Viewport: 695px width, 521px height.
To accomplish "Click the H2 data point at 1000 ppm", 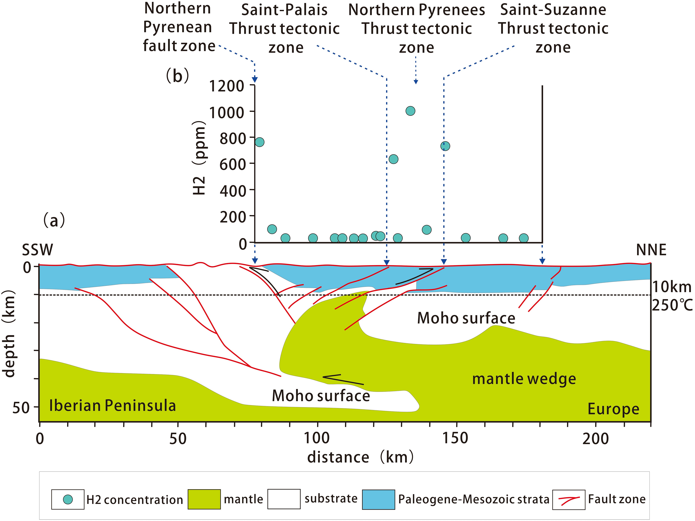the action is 410,111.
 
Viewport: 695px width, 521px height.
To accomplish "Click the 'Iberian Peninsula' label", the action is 113,405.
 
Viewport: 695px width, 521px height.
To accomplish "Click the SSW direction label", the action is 37,250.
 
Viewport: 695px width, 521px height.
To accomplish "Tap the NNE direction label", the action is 651,250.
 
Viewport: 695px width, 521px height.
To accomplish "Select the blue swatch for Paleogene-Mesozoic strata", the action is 378,499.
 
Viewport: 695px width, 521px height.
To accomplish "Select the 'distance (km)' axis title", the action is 360,457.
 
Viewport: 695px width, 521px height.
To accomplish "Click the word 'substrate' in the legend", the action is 331,498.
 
